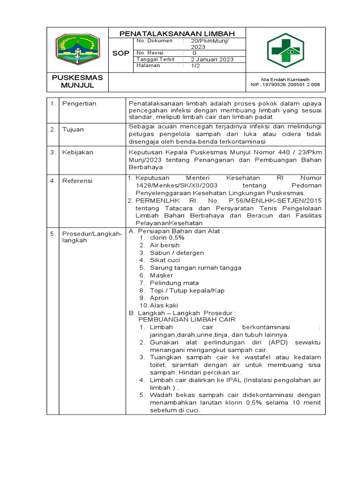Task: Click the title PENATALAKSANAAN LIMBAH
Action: tap(177, 33)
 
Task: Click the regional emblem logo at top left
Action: tap(77, 48)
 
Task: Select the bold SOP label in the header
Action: tap(120, 53)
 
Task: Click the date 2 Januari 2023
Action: tap(212, 60)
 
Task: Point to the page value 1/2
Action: tap(195, 66)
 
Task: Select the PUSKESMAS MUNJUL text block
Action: tap(77, 81)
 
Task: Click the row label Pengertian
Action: tap(79, 103)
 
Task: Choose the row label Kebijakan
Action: tap(78, 152)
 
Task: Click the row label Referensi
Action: tap(78, 180)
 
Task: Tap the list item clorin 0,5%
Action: tap(167, 238)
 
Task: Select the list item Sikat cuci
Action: tap(165, 260)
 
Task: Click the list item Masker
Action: tap(161, 275)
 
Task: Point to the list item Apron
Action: tap(159, 298)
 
